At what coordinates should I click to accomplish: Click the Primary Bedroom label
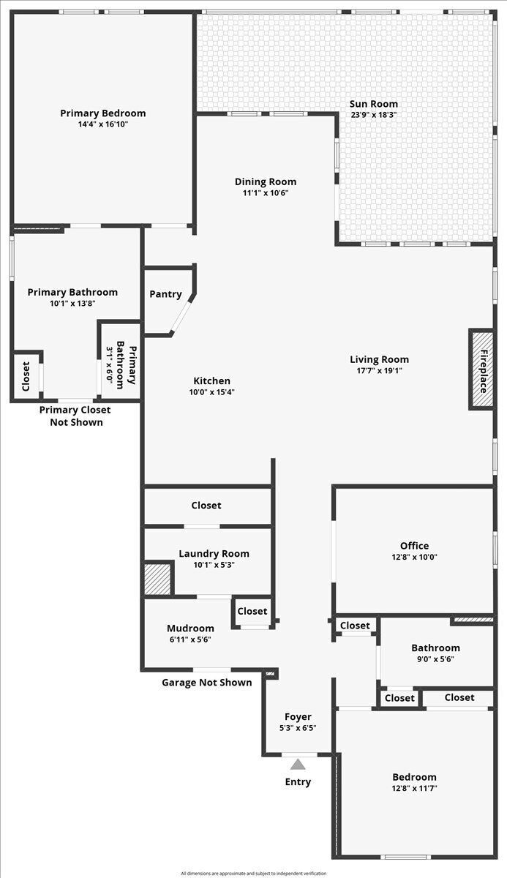coord(103,113)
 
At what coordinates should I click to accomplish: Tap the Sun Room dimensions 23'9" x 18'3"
coord(374,115)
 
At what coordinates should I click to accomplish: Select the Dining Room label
coord(266,182)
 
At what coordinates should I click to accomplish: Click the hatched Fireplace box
coord(481,369)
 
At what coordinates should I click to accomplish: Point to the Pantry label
coord(165,294)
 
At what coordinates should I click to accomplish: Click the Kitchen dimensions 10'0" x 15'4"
coord(212,392)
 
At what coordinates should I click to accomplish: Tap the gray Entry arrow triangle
coord(298,764)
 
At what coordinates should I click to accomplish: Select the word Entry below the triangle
coord(298,782)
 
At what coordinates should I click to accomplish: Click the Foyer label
coord(298,717)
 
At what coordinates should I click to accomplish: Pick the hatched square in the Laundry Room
coord(157,579)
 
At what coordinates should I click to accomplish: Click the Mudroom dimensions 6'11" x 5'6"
coord(190,639)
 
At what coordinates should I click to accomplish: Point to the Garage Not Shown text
coord(207,683)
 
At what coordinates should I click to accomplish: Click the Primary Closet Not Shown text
coord(75,416)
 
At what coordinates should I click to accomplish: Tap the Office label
coord(414,546)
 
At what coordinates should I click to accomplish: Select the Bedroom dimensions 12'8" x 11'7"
coord(415,788)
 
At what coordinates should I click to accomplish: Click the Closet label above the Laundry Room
coord(206,506)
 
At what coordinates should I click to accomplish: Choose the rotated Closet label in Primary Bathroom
coord(26,376)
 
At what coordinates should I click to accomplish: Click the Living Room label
coord(379,359)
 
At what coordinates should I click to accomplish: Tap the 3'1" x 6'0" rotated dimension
coord(109,365)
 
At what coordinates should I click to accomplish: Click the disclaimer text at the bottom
coord(253,874)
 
